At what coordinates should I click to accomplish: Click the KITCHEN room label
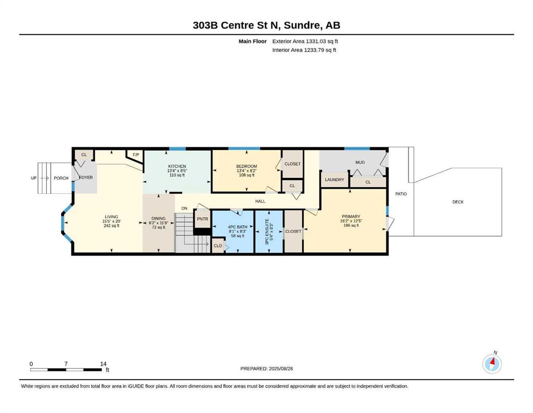(177, 167)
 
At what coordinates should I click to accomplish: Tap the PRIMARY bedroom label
(351, 217)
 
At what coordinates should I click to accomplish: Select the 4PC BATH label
(237, 227)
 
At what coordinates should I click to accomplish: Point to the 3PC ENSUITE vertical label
(267, 232)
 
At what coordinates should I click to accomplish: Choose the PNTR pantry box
(202, 219)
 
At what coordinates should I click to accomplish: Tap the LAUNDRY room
(334, 180)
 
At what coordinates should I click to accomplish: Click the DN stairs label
(184, 208)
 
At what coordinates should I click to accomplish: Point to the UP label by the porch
(34, 178)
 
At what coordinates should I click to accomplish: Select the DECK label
(458, 202)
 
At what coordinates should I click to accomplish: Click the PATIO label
(401, 194)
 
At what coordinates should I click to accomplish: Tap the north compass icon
(492, 364)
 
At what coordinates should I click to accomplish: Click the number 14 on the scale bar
(104, 364)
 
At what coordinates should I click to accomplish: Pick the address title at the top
(266, 25)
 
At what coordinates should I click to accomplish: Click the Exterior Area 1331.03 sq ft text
(305, 41)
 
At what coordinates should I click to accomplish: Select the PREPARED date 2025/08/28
(266, 368)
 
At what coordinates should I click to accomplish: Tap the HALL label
(260, 201)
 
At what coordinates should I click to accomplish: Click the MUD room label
(360, 162)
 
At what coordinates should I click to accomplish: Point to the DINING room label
(158, 218)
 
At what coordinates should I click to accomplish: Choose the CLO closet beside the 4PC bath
(218, 246)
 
